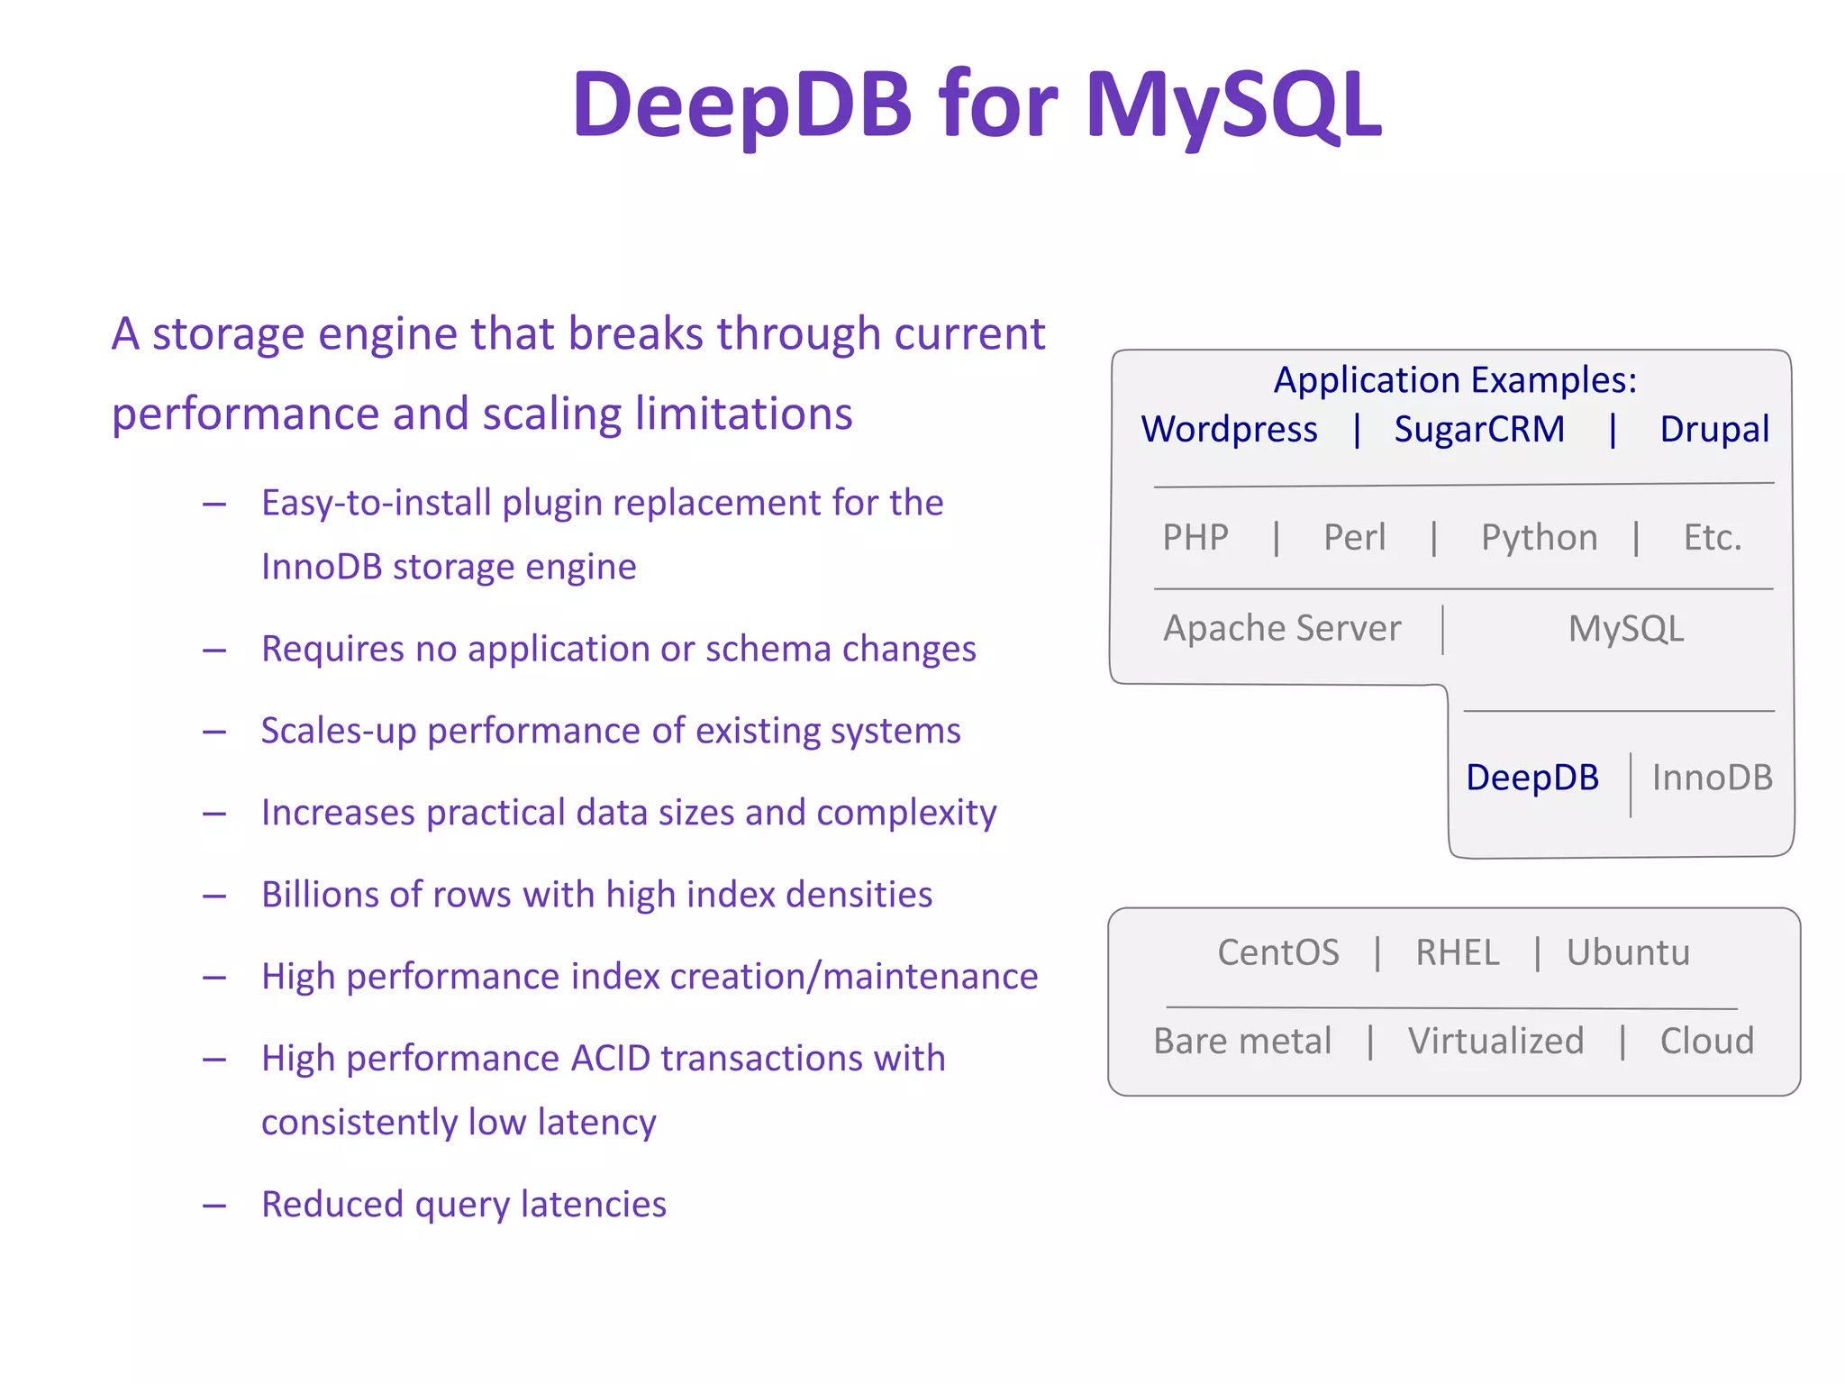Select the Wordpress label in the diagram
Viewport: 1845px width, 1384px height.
[1229, 430]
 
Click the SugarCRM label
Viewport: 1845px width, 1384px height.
[1479, 430]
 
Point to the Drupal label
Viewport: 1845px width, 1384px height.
[1713, 430]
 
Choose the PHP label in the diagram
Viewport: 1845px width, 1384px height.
[1195, 538]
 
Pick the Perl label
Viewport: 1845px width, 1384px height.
[1354, 538]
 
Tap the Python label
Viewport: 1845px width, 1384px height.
[1539, 538]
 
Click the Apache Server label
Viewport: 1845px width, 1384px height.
[1282, 628]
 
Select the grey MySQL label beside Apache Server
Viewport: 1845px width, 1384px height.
[1625, 629]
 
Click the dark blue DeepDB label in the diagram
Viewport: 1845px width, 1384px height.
[1531, 778]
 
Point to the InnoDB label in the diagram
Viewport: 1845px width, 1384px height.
[1712, 778]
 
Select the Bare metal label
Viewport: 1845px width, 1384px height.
[1242, 1042]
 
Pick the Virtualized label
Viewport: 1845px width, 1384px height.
[1495, 1042]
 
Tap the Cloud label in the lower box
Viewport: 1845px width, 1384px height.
[1706, 1042]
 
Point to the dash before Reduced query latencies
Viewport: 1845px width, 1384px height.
[214, 1206]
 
